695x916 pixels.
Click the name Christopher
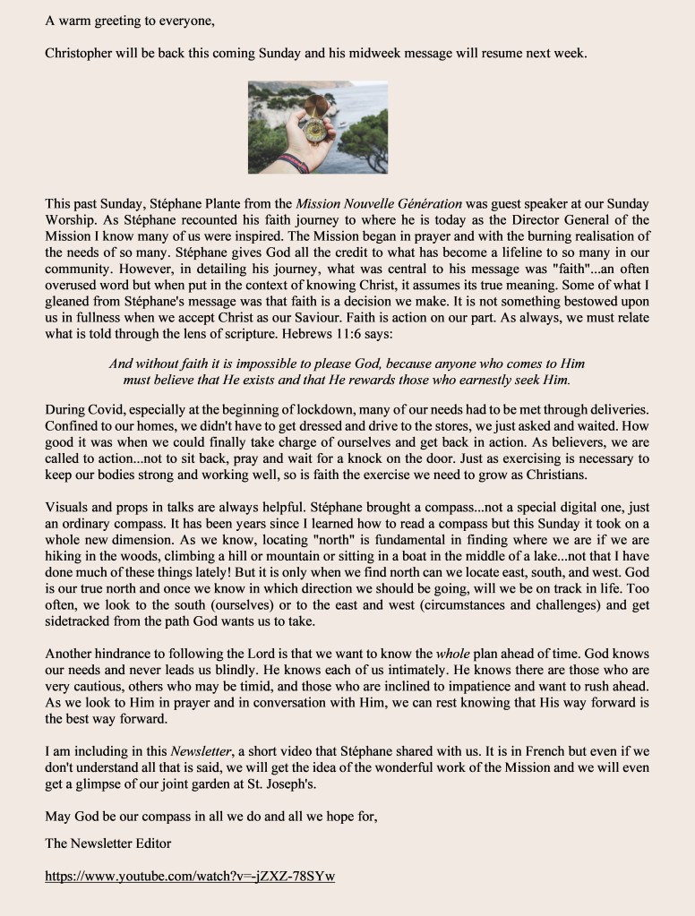coord(79,53)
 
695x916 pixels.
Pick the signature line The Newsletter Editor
coord(107,843)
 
